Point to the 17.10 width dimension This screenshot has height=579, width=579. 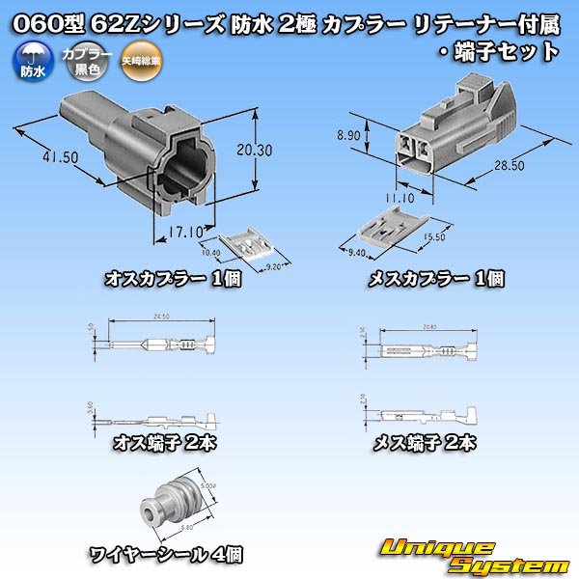click(184, 232)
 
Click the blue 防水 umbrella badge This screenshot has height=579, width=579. click(31, 65)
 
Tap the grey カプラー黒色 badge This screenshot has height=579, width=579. click(81, 65)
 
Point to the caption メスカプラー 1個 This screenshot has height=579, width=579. click(437, 280)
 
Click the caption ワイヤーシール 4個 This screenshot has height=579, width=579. click(166, 554)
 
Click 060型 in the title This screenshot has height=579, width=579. click(41, 20)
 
